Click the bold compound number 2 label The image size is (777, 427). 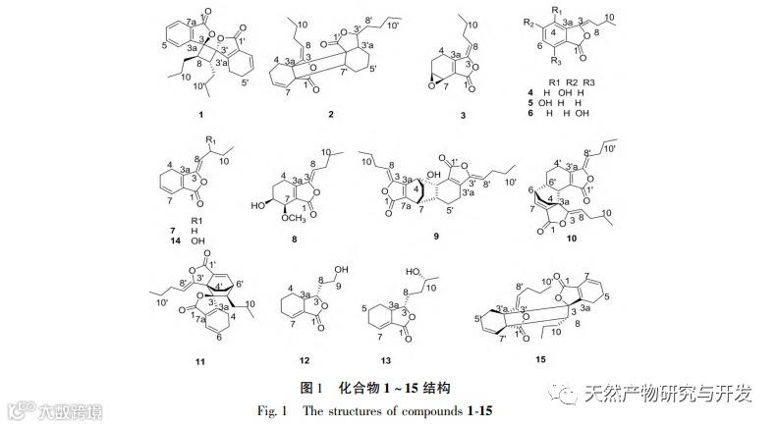click(x=330, y=115)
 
